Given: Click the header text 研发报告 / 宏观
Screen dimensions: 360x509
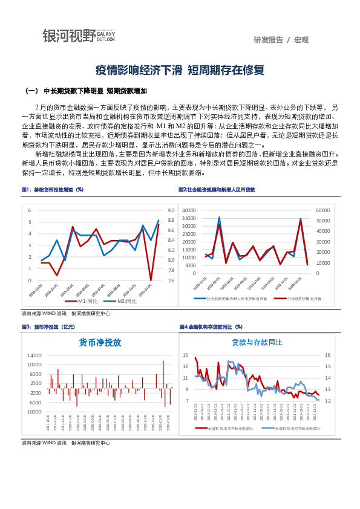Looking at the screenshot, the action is [281, 40].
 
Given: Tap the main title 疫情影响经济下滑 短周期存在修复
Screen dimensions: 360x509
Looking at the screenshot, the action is [180, 70].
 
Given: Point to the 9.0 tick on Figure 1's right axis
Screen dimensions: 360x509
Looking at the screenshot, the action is [171, 210].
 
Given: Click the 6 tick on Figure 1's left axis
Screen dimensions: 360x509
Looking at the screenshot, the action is [29, 210].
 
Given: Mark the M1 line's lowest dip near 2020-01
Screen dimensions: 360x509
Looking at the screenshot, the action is [151, 280].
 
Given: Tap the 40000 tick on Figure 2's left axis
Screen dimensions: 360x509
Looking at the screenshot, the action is [188, 210].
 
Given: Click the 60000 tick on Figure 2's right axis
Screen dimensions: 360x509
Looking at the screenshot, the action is [323, 210].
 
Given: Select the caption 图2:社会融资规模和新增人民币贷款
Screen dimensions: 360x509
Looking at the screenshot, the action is [217, 190].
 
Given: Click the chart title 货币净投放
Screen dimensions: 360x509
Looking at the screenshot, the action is [100, 342].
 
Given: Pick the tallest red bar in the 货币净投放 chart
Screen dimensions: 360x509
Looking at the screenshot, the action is [163, 361].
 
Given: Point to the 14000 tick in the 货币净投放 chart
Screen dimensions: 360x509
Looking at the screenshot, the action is [33, 355].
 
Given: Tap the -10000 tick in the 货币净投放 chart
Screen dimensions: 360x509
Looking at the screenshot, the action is [33, 412].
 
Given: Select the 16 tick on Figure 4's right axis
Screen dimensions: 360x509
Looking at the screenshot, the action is [327, 355].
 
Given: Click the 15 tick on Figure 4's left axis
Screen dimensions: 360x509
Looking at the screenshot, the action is [186, 355].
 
